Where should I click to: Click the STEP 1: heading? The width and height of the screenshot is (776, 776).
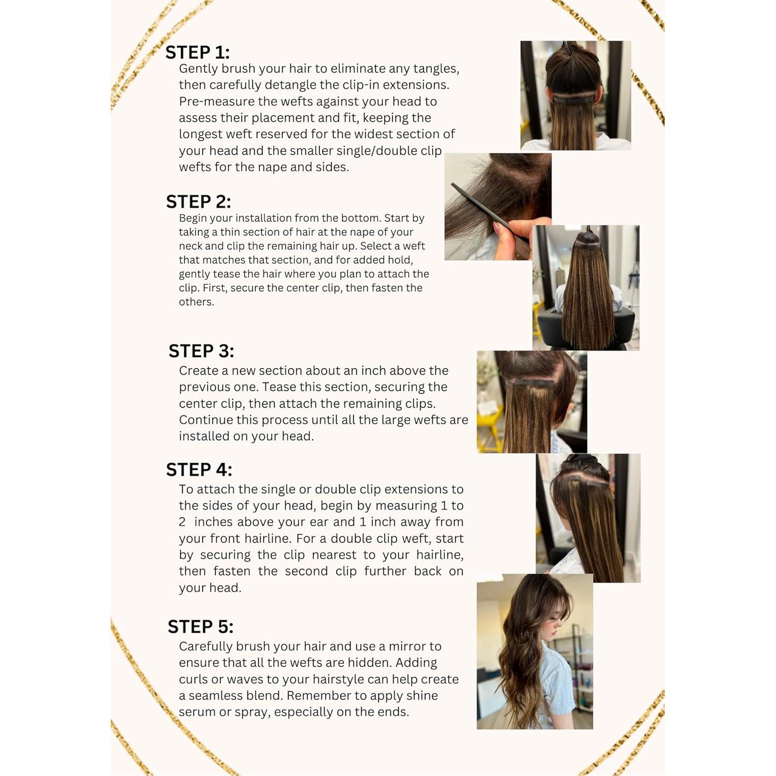(197, 52)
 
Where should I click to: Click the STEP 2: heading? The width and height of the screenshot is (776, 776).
(198, 201)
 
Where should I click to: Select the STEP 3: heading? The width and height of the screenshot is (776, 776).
(201, 351)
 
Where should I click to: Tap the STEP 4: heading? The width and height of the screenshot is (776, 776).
(199, 469)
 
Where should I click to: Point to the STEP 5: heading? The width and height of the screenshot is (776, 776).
(200, 626)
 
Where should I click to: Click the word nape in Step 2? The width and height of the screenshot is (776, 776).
(362, 232)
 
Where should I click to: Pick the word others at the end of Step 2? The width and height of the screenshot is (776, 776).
(196, 302)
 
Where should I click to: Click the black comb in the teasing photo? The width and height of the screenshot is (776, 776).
(479, 207)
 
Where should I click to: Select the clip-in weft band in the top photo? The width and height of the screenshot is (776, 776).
(575, 99)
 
